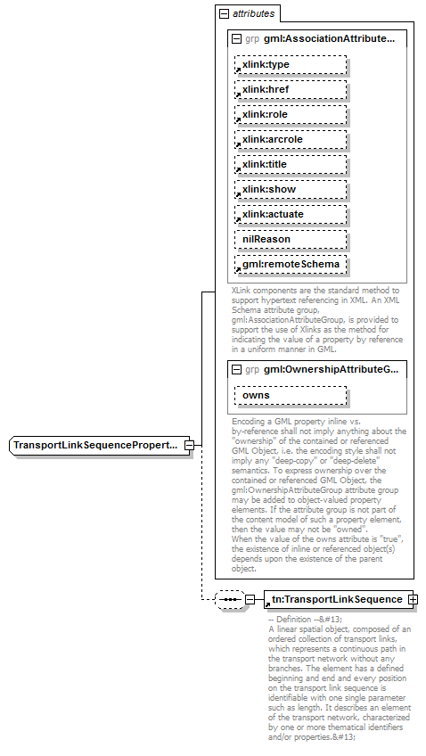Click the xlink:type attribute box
click(x=291, y=65)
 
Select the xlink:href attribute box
click(x=291, y=89)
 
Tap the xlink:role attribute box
click(x=291, y=115)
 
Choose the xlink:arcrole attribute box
click(x=291, y=140)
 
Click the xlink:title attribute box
click(x=291, y=165)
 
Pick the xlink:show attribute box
click(x=291, y=190)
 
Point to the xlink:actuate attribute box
click(x=291, y=215)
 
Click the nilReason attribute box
click(x=291, y=240)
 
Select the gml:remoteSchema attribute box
click(x=291, y=265)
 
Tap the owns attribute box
click(x=291, y=395)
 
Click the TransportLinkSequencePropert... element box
click(x=97, y=444)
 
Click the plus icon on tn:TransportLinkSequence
click(x=413, y=599)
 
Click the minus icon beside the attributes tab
click(x=223, y=13)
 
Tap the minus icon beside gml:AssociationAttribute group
click(x=235, y=39)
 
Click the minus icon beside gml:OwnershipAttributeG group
click(x=235, y=369)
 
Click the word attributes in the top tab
click(x=253, y=13)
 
